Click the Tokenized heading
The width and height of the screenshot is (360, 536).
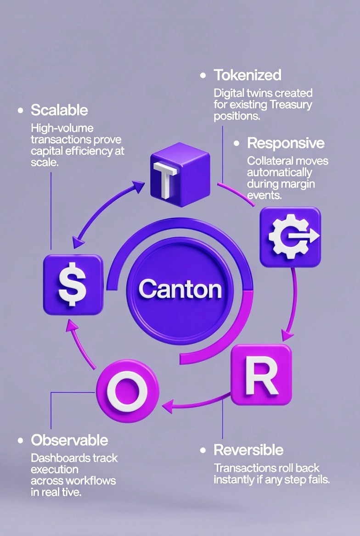(247, 75)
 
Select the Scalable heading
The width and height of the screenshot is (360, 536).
(59, 110)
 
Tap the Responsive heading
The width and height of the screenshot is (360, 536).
(286, 143)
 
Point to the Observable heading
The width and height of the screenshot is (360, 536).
(69, 441)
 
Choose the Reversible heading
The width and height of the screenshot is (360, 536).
(248, 450)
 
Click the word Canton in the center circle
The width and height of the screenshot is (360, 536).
(180, 289)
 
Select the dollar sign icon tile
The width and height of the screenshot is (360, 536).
(73, 285)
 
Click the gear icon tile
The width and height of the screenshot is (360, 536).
(290, 237)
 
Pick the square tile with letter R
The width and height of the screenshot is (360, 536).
(261, 374)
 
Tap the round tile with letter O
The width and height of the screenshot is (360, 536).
(127, 391)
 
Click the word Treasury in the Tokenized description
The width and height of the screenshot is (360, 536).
(291, 105)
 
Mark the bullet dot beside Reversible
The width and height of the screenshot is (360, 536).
(203, 450)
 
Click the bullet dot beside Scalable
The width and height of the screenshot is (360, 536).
(20, 111)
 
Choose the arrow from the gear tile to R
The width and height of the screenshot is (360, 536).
(292, 303)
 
